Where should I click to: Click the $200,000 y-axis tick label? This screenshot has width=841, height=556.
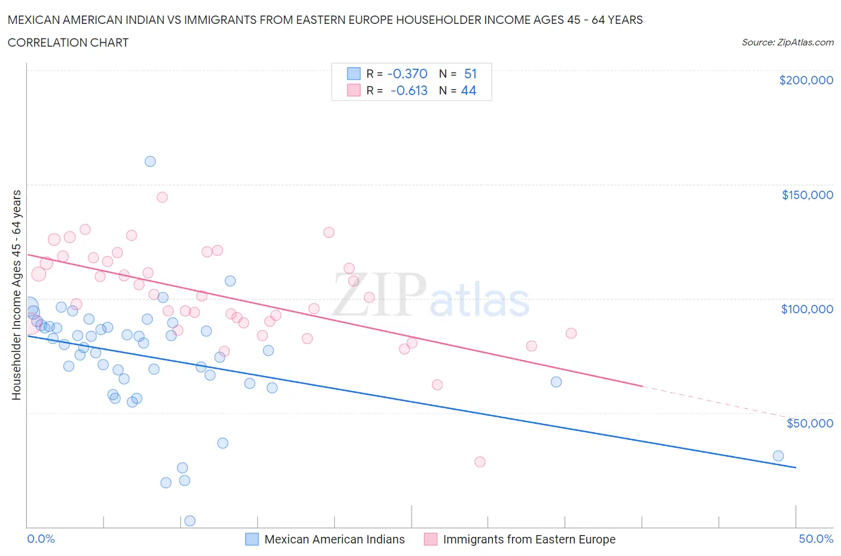806,80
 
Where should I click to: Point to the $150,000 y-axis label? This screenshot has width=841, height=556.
807,195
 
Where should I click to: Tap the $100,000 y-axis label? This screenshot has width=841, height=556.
807,309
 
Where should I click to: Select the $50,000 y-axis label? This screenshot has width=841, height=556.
809,423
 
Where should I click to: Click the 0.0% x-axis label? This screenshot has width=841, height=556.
41,539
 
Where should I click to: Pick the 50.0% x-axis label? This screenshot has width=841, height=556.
816,539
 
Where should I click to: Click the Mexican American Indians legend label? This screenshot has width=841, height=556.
334,539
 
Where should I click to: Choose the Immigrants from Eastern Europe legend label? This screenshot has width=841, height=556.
529,539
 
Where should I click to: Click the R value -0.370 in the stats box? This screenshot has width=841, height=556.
407,74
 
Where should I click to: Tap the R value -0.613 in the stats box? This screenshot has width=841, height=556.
409,90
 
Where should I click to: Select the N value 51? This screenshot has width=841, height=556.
470,74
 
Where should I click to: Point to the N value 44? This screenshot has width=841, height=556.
468,90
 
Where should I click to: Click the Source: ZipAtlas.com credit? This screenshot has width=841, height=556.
787,42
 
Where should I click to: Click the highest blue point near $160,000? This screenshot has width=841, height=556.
150,161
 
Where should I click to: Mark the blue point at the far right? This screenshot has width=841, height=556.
778,456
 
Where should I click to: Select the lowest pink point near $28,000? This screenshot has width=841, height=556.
480,462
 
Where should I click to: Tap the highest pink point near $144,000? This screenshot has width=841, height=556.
162,197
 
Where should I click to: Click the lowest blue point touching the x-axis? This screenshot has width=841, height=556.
190,521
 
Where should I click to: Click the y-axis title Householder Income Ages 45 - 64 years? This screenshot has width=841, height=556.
16,294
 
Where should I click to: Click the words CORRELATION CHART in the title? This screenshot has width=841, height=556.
68,42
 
